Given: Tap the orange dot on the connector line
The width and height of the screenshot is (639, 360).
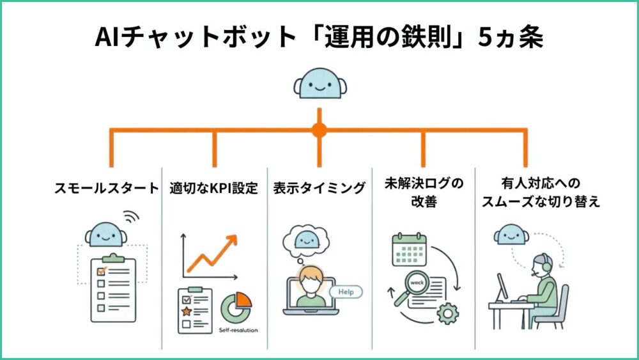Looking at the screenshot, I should point(319,130).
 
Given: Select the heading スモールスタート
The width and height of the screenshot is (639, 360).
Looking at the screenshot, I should point(106,188).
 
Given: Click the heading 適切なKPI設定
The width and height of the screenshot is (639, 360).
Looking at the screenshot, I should point(213,188).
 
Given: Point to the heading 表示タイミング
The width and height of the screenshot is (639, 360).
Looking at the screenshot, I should point(319,188).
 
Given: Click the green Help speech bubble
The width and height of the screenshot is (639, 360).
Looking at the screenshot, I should point(346,292).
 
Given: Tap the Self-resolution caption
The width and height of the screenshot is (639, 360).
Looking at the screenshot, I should point(240,331).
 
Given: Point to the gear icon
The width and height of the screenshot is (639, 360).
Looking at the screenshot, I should point(449,313).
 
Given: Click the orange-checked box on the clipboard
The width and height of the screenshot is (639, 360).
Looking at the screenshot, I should point(100,272).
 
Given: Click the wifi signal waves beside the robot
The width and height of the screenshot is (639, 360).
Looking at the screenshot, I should point(130,217).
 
